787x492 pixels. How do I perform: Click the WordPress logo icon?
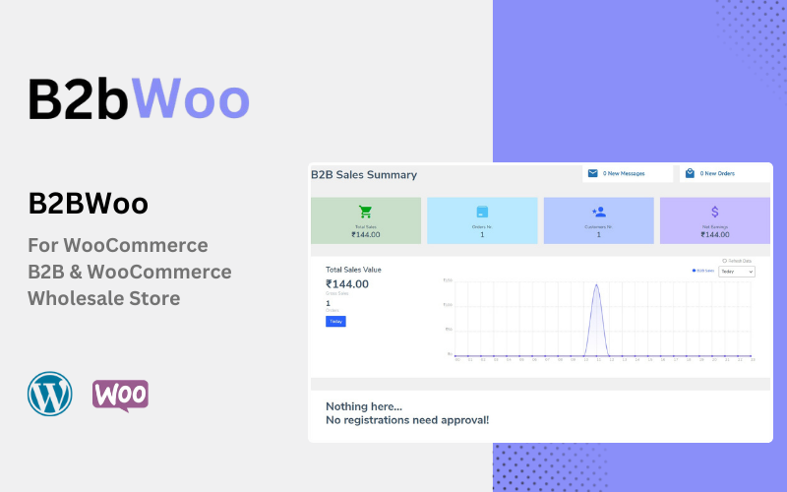(x=50, y=394)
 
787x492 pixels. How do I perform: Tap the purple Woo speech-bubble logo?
(x=120, y=395)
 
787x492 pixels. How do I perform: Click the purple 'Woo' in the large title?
(x=191, y=99)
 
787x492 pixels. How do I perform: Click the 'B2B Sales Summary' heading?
(x=364, y=175)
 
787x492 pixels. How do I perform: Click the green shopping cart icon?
(x=366, y=212)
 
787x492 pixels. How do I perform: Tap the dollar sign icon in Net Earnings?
(x=715, y=212)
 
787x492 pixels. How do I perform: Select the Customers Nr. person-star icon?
(x=598, y=212)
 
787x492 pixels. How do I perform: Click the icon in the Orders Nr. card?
(x=482, y=212)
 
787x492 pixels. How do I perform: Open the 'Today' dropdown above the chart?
(x=737, y=272)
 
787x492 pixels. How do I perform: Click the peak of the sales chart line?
(x=596, y=286)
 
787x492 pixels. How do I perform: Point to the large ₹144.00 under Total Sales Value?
(x=347, y=284)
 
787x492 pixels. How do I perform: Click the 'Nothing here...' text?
(x=364, y=406)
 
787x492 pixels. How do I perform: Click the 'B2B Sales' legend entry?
(x=703, y=271)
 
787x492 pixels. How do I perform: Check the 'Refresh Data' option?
(x=724, y=261)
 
